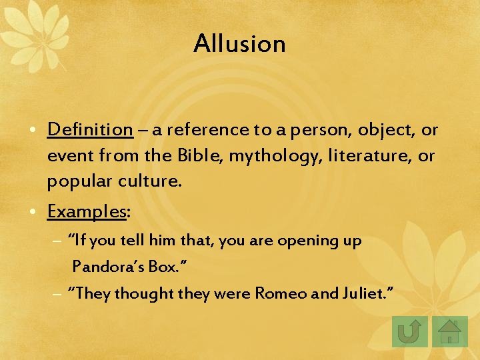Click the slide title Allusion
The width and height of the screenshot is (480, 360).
(239, 44)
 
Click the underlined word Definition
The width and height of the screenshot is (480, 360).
(90, 129)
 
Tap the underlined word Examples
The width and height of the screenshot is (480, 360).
(86, 211)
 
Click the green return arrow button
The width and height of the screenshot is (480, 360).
(411, 330)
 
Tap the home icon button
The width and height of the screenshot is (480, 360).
(451, 330)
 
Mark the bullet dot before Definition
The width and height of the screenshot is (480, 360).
(39, 130)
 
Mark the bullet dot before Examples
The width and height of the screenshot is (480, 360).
(39, 212)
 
